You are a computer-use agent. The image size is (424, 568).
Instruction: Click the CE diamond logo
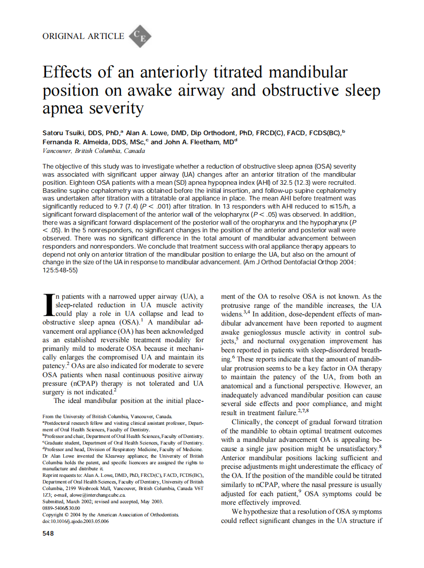tap(140, 36)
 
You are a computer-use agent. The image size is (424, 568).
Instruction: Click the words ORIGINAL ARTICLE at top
tap(83, 36)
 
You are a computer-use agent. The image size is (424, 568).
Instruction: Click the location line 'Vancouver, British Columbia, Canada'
tap(94, 151)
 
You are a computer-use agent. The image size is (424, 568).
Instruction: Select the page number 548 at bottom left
tap(49, 533)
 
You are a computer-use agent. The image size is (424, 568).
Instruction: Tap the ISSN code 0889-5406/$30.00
tap(61, 508)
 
